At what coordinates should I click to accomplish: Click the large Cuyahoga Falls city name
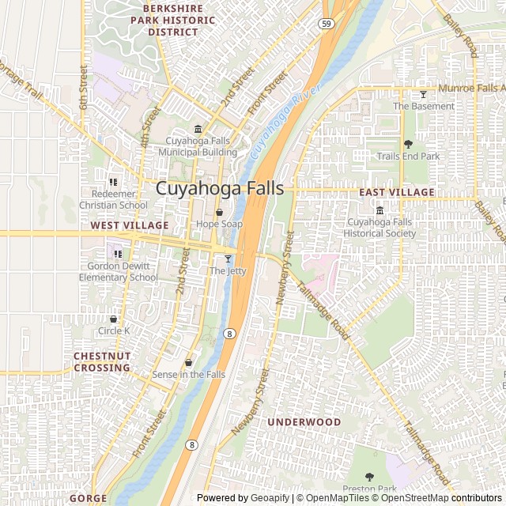tap(220, 189)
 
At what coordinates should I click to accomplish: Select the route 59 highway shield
tap(327, 25)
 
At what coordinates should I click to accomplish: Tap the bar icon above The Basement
tap(423, 95)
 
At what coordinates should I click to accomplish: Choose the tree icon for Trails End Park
tap(408, 144)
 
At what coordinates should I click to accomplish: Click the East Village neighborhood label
tap(396, 192)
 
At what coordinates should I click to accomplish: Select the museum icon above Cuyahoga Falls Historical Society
tap(380, 210)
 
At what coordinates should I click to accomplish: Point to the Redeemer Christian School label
tap(114, 200)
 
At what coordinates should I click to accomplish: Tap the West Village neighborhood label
tap(130, 225)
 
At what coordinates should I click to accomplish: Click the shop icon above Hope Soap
tap(220, 212)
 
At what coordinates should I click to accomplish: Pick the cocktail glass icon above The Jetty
tap(228, 259)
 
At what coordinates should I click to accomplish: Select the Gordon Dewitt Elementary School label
tap(119, 272)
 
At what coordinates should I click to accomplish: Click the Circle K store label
tap(114, 330)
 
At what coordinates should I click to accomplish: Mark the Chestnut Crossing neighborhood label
tap(102, 362)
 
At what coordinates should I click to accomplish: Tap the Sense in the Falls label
tap(188, 374)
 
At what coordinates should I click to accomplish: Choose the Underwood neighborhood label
tap(304, 422)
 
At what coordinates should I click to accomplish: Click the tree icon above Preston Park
tap(369, 477)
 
